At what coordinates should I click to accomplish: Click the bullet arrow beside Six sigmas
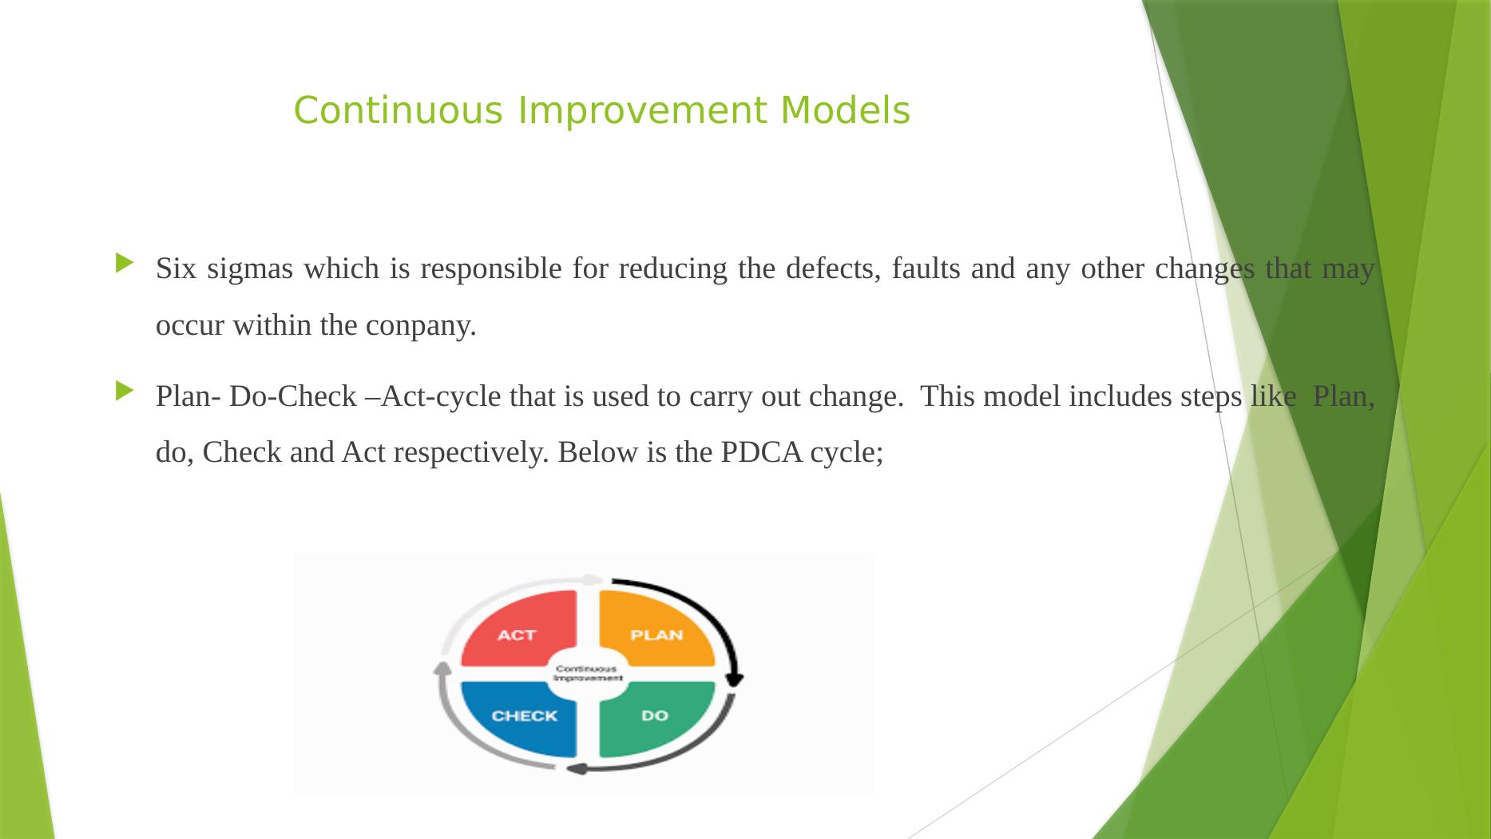[x=125, y=262]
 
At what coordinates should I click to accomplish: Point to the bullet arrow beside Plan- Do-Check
[x=125, y=390]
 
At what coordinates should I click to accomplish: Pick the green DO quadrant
[x=655, y=718]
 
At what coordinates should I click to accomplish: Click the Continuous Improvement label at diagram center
[x=588, y=673]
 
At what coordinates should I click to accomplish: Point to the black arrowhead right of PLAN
[x=735, y=679]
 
